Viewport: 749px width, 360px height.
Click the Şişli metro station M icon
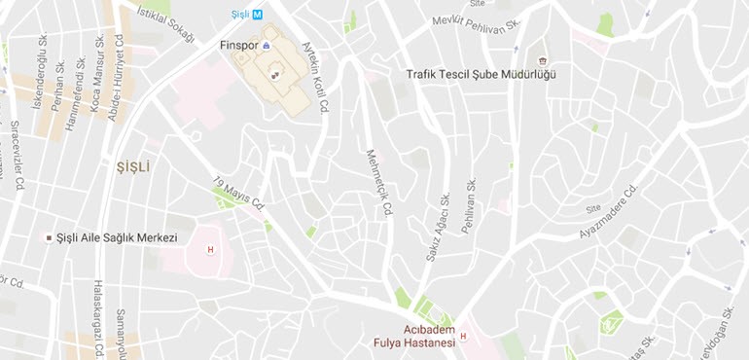coord(257,14)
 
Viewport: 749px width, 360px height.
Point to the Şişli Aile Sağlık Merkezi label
coord(118,238)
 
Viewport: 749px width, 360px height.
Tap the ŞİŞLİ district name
coord(132,166)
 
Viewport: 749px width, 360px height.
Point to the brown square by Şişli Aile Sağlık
coord(49,238)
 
